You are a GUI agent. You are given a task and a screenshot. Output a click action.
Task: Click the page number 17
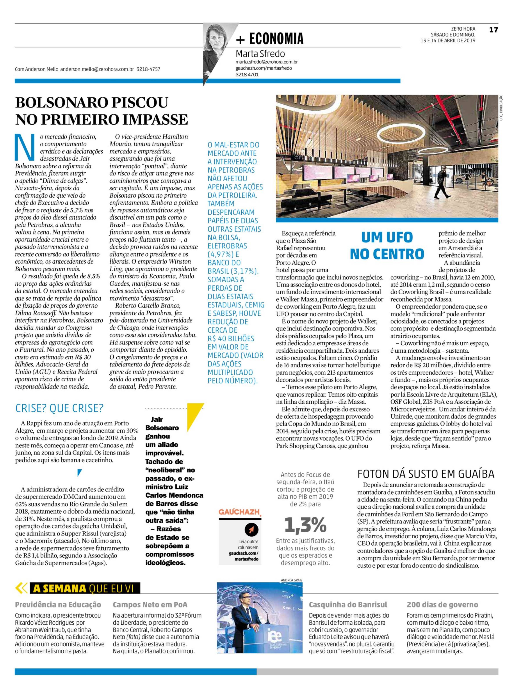pos(493,30)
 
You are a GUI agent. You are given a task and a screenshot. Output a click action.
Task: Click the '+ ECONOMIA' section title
pos(269,39)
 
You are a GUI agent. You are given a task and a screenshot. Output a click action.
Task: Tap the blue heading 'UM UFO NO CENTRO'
pos(387,245)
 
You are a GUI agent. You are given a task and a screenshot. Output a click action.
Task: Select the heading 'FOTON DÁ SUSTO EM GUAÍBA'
pos(426,474)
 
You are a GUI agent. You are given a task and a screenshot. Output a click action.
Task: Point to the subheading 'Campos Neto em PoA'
pos(150,605)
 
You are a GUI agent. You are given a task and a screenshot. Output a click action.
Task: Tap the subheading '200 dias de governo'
pos(442,605)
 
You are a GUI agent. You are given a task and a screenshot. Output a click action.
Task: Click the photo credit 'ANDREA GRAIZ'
pos(291,580)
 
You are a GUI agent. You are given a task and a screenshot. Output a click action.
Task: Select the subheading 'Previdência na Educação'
pos(58,605)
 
